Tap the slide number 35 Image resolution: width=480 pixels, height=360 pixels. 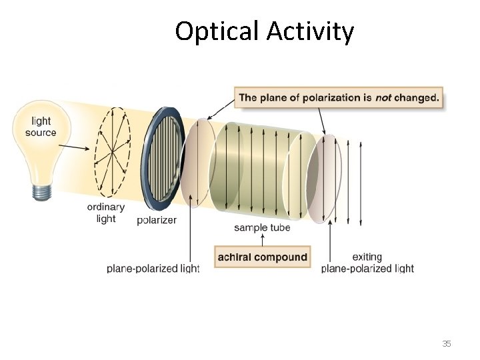coord(447,344)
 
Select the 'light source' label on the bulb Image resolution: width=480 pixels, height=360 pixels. coord(41,127)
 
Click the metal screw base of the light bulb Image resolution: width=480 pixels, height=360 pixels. coord(41,191)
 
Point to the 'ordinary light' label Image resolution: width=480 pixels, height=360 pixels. coord(105,213)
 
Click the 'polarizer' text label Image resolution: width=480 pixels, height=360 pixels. coord(157,220)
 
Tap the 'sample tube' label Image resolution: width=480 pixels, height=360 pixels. coord(262,228)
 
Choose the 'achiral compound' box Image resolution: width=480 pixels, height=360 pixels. coord(263,257)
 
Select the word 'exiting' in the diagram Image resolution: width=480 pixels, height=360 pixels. coord(367,257)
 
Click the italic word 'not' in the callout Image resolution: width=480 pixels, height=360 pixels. coord(383,98)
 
